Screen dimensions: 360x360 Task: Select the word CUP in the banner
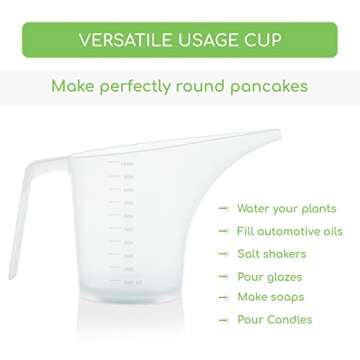click(263, 40)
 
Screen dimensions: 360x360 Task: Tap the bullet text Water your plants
click(286, 209)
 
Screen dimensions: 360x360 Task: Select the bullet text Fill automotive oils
click(289, 231)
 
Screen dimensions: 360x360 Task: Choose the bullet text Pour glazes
click(269, 277)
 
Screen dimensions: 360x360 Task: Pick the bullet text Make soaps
click(270, 297)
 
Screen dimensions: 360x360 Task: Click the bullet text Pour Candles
click(274, 320)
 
